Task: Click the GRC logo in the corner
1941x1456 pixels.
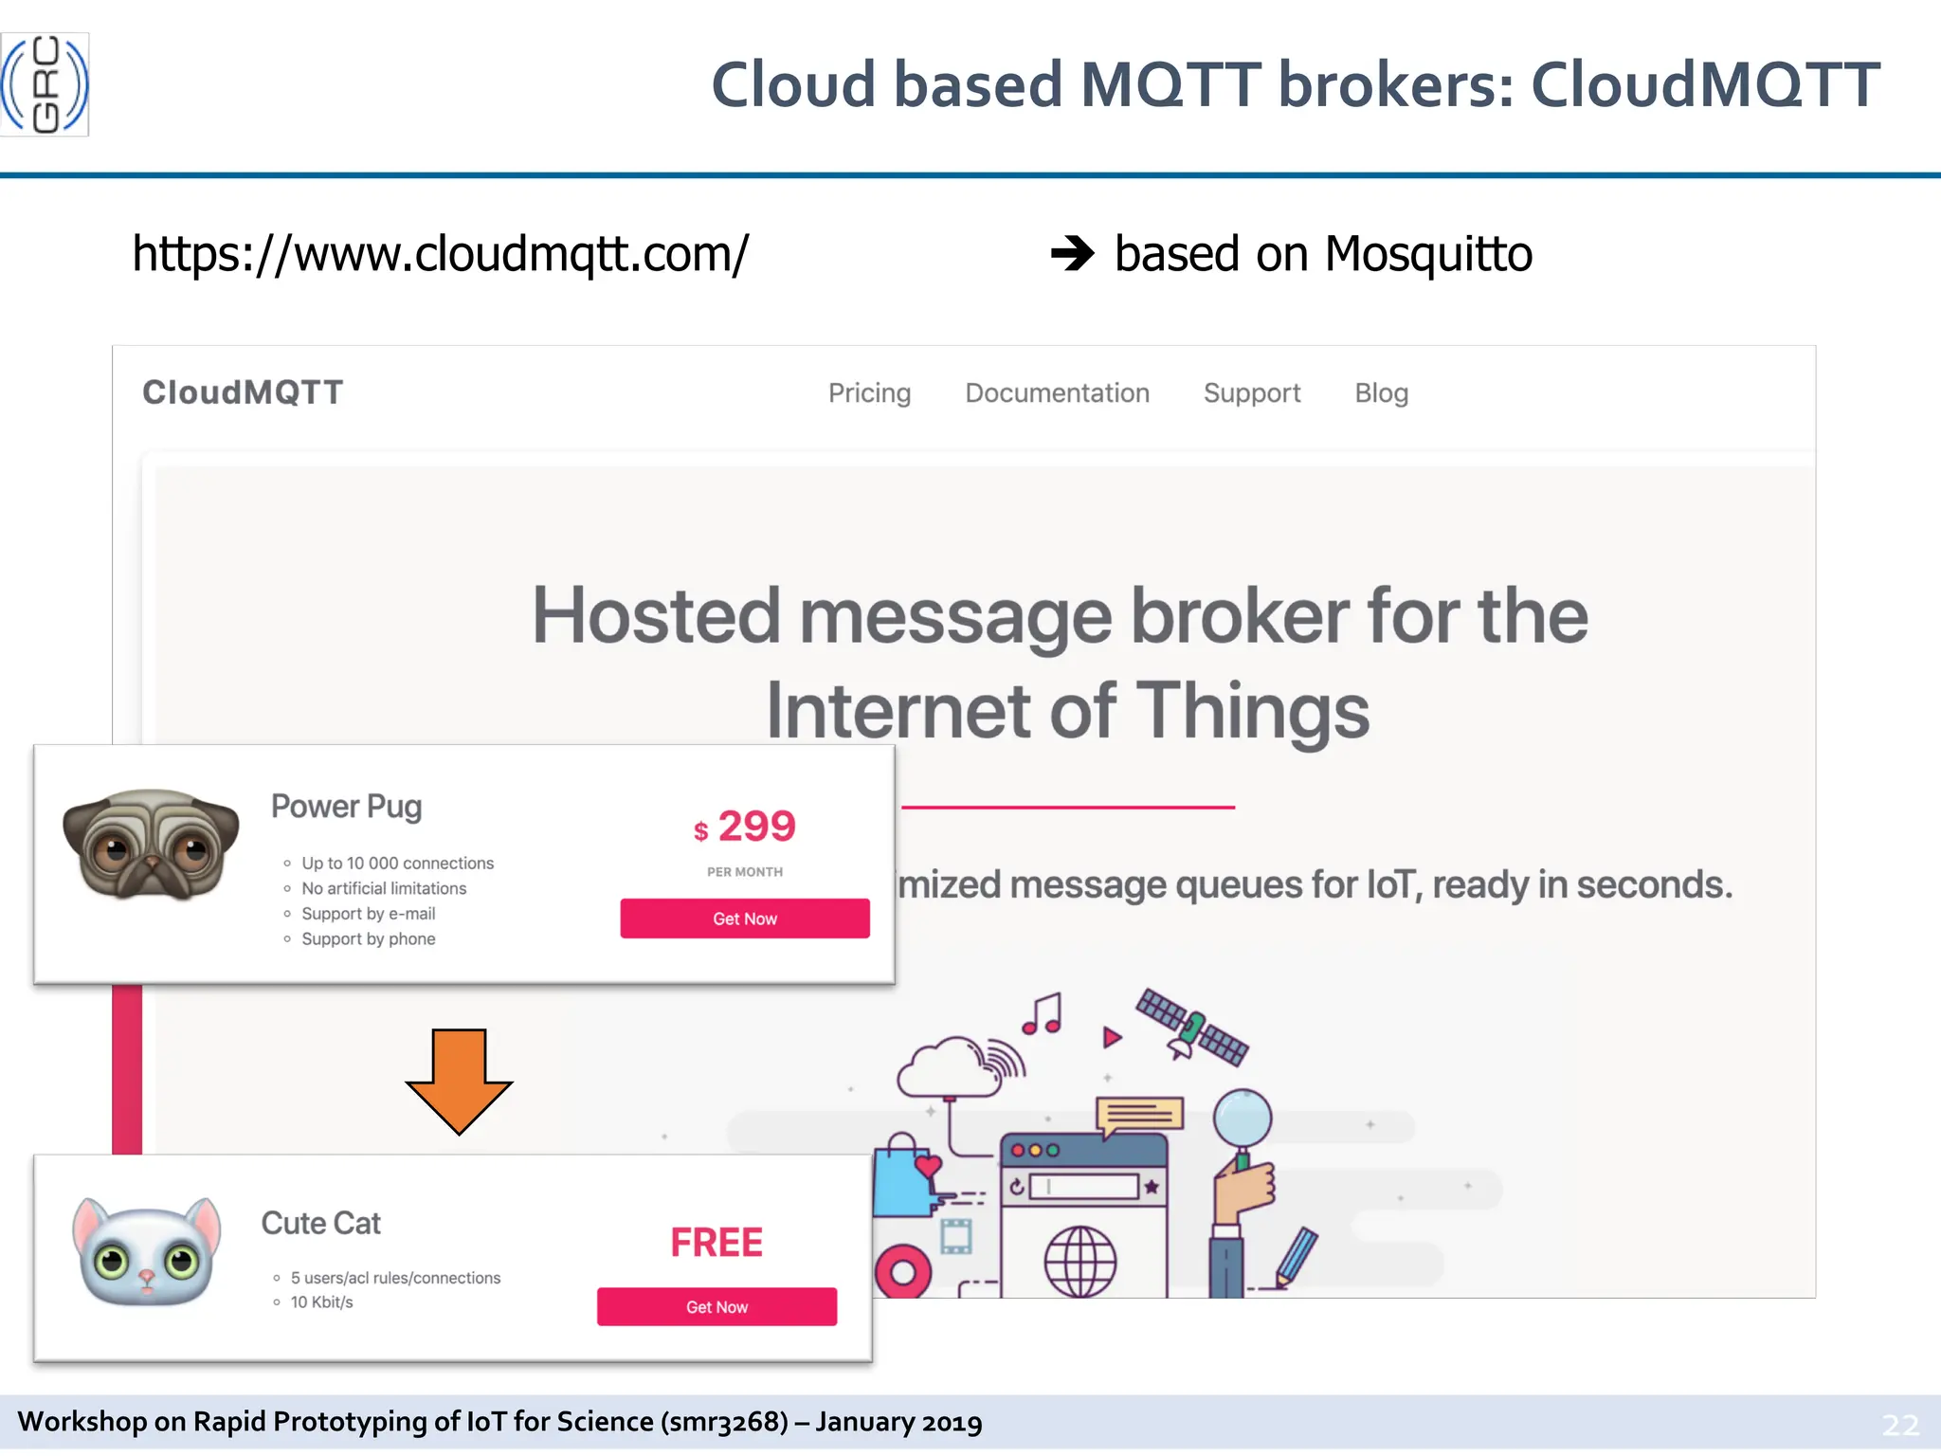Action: pos(45,84)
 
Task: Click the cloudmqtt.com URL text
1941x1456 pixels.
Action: pos(440,254)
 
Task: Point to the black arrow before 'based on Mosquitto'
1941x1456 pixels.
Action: pos(1072,253)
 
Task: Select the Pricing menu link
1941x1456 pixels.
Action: pos(869,393)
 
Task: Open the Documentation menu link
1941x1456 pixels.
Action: pos(1057,393)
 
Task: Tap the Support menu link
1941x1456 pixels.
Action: pos(1251,393)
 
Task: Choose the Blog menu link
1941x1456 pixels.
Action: pos(1381,393)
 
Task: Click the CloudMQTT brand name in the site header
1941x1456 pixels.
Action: pos(243,392)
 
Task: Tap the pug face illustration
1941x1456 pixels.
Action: pos(151,845)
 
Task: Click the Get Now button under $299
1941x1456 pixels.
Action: pos(745,919)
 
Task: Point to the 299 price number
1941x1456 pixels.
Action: pos(756,827)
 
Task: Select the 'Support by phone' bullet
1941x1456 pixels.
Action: pos(368,939)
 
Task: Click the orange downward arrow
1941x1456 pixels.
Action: pos(459,1080)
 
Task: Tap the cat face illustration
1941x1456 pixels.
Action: pos(147,1251)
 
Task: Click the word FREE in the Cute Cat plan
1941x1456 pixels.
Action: pos(717,1243)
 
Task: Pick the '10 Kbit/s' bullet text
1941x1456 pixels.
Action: pos(321,1302)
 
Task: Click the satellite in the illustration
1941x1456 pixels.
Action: pos(1191,1027)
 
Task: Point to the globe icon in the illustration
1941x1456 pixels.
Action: pos(1079,1261)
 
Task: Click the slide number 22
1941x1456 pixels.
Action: pos(1899,1425)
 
